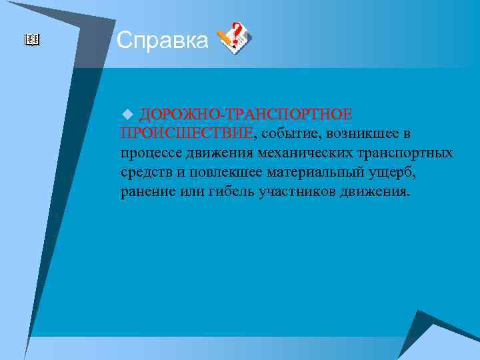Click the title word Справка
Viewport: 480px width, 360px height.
click(x=162, y=41)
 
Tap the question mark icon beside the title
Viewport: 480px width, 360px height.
click(x=235, y=38)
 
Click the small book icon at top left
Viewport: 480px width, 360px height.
click(x=32, y=41)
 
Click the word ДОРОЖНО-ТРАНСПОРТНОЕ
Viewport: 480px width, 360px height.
click(x=245, y=113)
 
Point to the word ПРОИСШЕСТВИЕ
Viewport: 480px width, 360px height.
click(x=187, y=133)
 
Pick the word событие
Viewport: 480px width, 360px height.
click(x=291, y=133)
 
